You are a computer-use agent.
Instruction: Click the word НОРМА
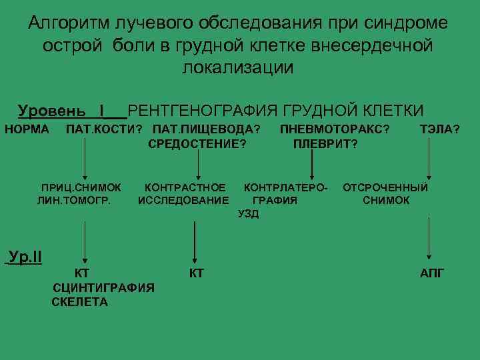(x=27, y=129)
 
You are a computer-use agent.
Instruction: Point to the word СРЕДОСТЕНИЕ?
(x=197, y=143)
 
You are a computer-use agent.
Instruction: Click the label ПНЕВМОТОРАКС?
(x=335, y=129)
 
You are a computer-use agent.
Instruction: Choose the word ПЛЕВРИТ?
(x=325, y=143)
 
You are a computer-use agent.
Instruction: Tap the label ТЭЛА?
(x=439, y=129)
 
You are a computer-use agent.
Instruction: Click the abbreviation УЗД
(x=248, y=213)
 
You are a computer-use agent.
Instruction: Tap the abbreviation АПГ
(x=431, y=273)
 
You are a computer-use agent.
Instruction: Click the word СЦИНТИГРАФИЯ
(x=103, y=287)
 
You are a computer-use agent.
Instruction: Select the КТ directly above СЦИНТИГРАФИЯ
(x=82, y=273)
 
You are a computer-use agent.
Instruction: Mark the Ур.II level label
(x=24, y=257)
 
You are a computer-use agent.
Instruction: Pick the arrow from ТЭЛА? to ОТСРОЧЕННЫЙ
(x=427, y=160)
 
